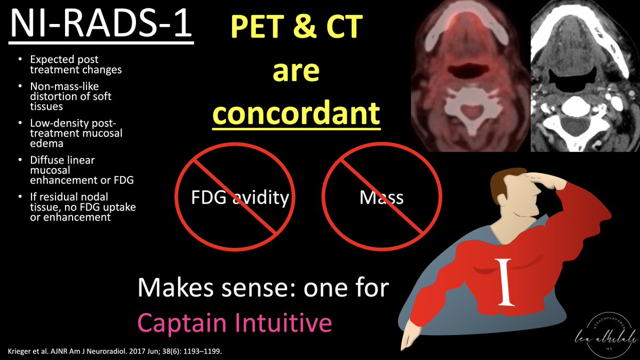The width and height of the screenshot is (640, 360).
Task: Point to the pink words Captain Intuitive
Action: [234, 323]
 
